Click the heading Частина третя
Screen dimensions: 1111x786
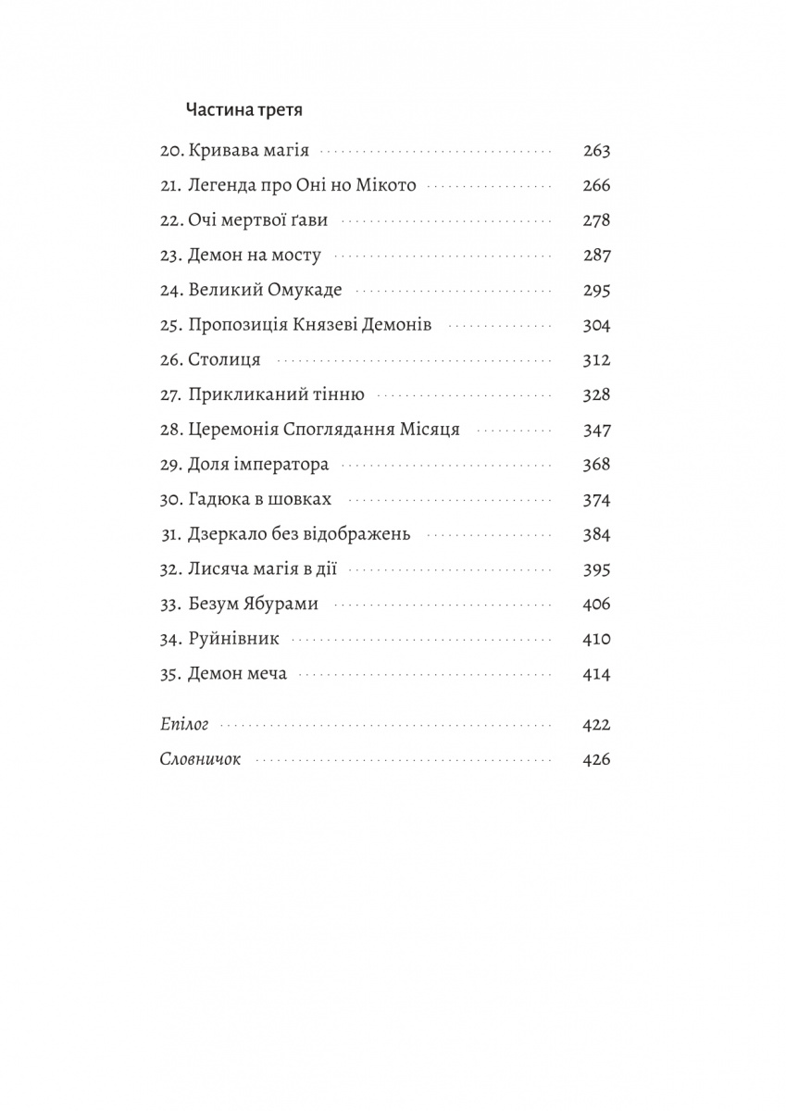click(x=245, y=109)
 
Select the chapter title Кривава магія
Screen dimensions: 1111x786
click(x=248, y=151)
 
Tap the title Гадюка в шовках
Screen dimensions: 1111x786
click(x=258, y=500)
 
